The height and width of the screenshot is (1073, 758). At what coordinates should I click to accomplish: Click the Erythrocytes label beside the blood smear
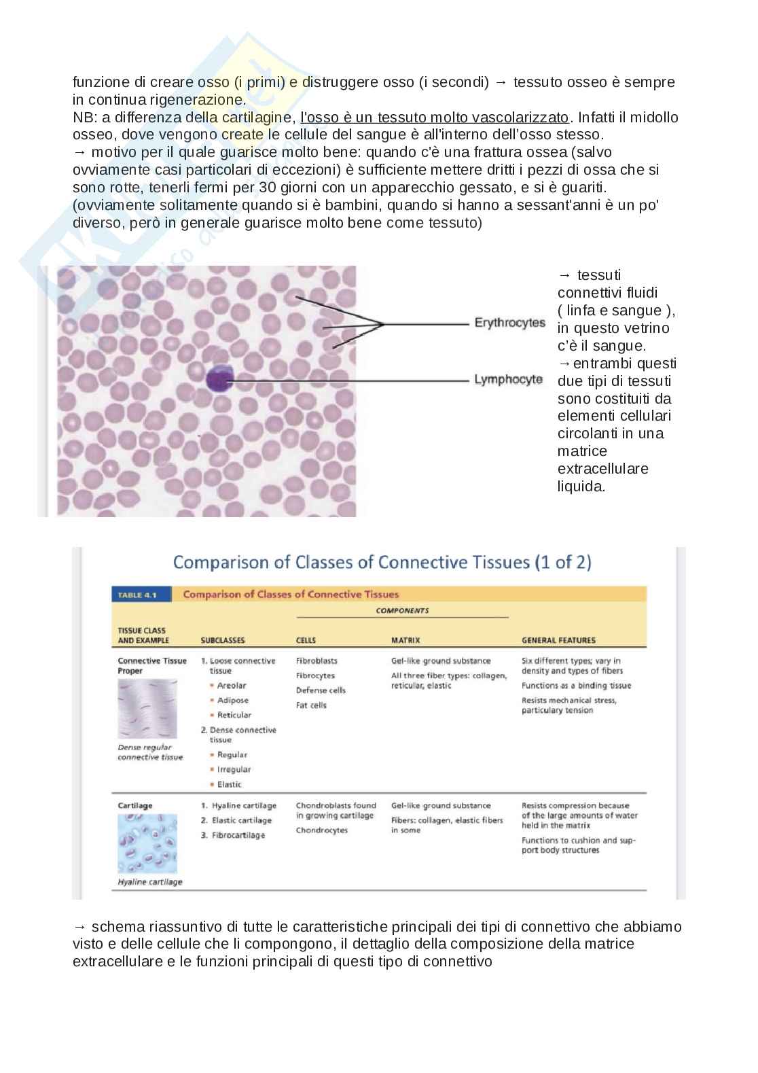[509, 323]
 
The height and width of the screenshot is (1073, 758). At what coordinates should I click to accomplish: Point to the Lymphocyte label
[508, 379]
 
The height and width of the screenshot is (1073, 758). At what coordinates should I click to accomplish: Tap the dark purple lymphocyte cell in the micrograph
[220, 378]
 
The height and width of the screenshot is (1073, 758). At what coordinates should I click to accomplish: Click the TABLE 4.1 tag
[137, 595]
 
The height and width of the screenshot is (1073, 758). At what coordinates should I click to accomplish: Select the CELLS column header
[306, 640]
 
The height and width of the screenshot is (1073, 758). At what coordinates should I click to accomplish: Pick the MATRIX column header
[405, 640]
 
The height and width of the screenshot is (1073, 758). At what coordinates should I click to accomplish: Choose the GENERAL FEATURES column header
[558, 640]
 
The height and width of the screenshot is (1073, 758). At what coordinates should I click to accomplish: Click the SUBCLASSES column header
[223, 640]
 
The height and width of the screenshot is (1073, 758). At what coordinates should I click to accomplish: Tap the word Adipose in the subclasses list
[233, 701]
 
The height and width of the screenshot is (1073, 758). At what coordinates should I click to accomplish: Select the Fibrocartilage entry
[238, 835]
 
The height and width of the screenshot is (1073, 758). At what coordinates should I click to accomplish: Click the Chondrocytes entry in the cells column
[321, 830]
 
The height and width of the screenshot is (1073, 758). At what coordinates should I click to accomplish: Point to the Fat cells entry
[311, 705]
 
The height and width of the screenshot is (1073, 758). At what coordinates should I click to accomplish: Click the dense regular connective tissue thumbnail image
[147, 709]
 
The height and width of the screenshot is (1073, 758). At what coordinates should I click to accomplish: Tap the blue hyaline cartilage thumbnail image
[147, 843]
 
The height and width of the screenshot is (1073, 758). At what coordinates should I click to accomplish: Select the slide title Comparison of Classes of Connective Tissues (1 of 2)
[382, 563]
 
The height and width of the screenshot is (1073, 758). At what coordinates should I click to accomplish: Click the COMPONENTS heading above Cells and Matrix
[402, 610]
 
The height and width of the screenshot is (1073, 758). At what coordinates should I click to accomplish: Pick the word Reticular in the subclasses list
[234, 715]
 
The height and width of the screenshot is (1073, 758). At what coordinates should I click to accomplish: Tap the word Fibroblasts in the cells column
[317, 661]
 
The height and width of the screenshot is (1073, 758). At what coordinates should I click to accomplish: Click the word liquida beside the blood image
[581, 487]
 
